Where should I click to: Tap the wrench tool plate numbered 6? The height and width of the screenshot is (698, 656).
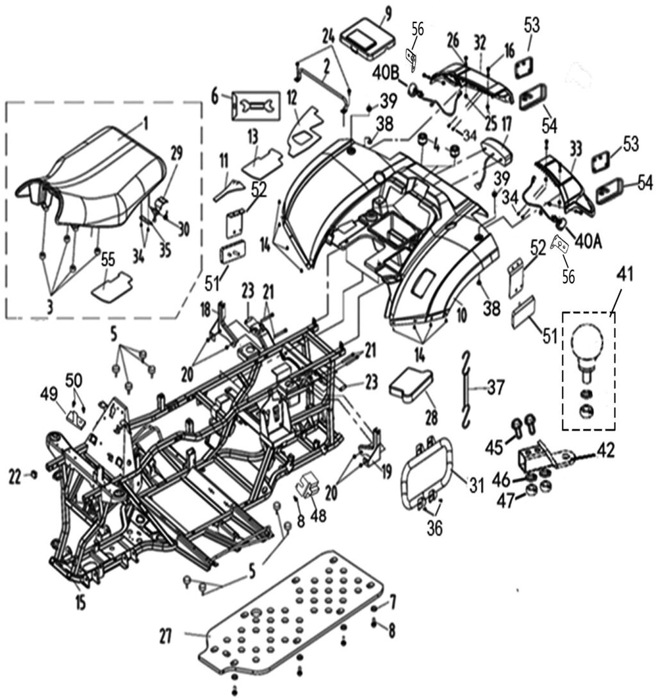[256, 103]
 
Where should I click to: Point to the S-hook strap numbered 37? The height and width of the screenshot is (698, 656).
[468, 387]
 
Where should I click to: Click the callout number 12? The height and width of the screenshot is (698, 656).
[292, 97]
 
